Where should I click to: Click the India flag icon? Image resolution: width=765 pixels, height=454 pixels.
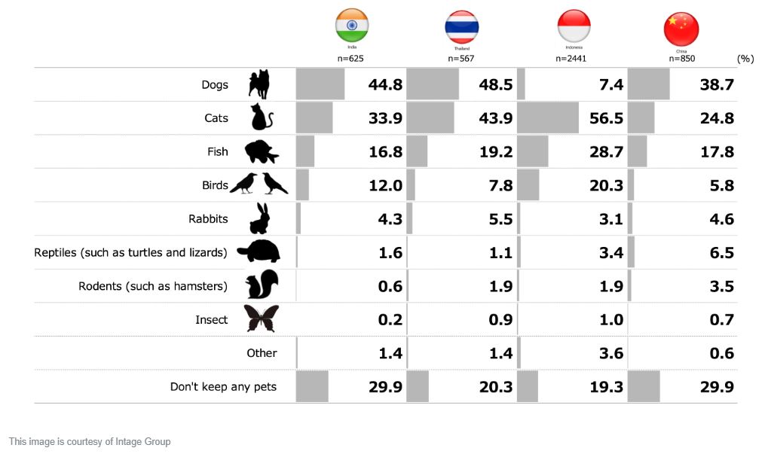352,26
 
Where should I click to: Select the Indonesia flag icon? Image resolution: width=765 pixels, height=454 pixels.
574,27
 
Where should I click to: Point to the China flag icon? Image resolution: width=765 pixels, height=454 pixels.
681,29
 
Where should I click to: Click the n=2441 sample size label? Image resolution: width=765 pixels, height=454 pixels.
571,58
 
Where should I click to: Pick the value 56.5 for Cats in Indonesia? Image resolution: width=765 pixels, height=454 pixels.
606,118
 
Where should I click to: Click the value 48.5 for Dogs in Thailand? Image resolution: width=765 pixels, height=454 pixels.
495,84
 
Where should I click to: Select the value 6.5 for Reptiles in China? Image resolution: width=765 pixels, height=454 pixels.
721,253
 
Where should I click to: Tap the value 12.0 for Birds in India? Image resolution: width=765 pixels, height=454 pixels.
385,186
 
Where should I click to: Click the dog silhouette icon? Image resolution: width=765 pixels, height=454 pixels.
259,84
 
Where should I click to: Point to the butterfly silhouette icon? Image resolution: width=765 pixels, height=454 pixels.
261,319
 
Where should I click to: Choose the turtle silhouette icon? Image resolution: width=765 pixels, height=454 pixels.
259,252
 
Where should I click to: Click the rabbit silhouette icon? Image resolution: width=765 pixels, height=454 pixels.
259,219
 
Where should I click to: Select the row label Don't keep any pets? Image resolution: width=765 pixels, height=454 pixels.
223,387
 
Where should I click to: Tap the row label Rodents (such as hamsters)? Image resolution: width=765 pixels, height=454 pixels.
153,286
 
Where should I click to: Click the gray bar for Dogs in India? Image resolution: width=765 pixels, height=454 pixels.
320,84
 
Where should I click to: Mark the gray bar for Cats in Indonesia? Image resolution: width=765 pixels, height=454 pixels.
549,118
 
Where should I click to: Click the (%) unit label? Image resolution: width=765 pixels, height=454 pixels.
745,59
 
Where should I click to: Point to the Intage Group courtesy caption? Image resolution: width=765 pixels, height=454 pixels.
90,442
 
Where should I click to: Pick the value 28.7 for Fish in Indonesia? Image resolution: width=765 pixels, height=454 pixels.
606,152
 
